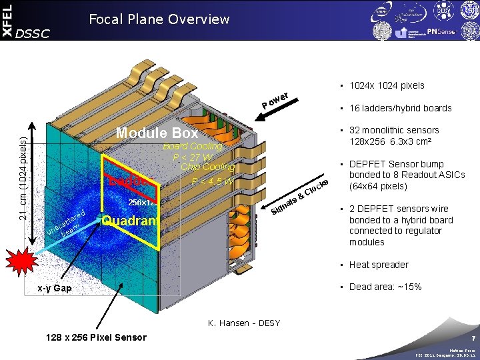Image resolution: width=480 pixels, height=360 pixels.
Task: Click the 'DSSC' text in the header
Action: (x=33, y=33)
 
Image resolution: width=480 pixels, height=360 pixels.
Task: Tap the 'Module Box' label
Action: (x=157, y=133)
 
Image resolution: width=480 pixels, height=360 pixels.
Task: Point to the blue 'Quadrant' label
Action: (x=130, y=221)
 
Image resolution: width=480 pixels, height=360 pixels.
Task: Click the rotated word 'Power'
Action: (x=275, y=99)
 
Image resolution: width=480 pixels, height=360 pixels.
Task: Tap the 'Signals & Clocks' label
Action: (x=300, y=198)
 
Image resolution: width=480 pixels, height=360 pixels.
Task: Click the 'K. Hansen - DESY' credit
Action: (x=244, y=323)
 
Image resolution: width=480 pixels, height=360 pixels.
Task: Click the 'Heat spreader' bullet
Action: (x=379, y=265)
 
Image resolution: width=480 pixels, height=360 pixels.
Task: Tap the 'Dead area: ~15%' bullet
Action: (x=385, y=287)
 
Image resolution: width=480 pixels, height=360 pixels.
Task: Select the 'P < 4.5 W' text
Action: (x=212, y=181)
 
